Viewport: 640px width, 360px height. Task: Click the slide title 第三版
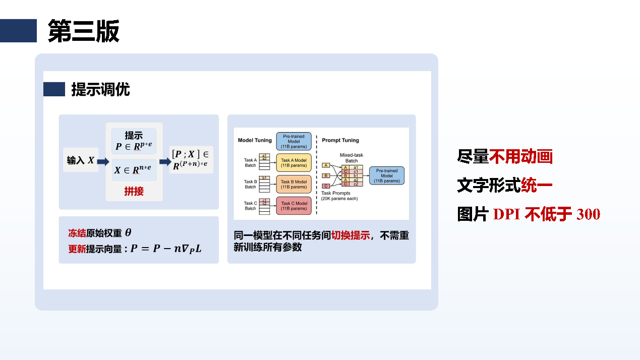(83, 31)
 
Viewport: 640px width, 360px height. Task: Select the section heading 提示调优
(100, 89)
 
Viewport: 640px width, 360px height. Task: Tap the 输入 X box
(81, 160)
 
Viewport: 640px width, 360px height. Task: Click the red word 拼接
(134, 191)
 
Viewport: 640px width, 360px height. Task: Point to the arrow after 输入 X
(103, 161)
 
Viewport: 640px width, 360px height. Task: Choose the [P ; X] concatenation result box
(191, 159)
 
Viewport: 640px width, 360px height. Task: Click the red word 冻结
(77, 233)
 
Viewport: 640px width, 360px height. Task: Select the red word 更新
(77, 249)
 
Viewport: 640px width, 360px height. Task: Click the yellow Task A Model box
(294, 163)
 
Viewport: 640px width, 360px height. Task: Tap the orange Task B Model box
(294, 184)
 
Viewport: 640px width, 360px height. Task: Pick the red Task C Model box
(294, 206)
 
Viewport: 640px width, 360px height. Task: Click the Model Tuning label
(255, 140)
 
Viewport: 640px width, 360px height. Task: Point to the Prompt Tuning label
(340, 140)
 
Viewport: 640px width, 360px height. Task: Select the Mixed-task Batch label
(352, 158)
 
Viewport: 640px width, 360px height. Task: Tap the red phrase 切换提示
(351, 235)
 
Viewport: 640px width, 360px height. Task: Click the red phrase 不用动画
(521, 157)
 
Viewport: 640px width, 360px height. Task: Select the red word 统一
(537, 185)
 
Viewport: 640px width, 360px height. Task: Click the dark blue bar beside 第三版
(19, 31)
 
